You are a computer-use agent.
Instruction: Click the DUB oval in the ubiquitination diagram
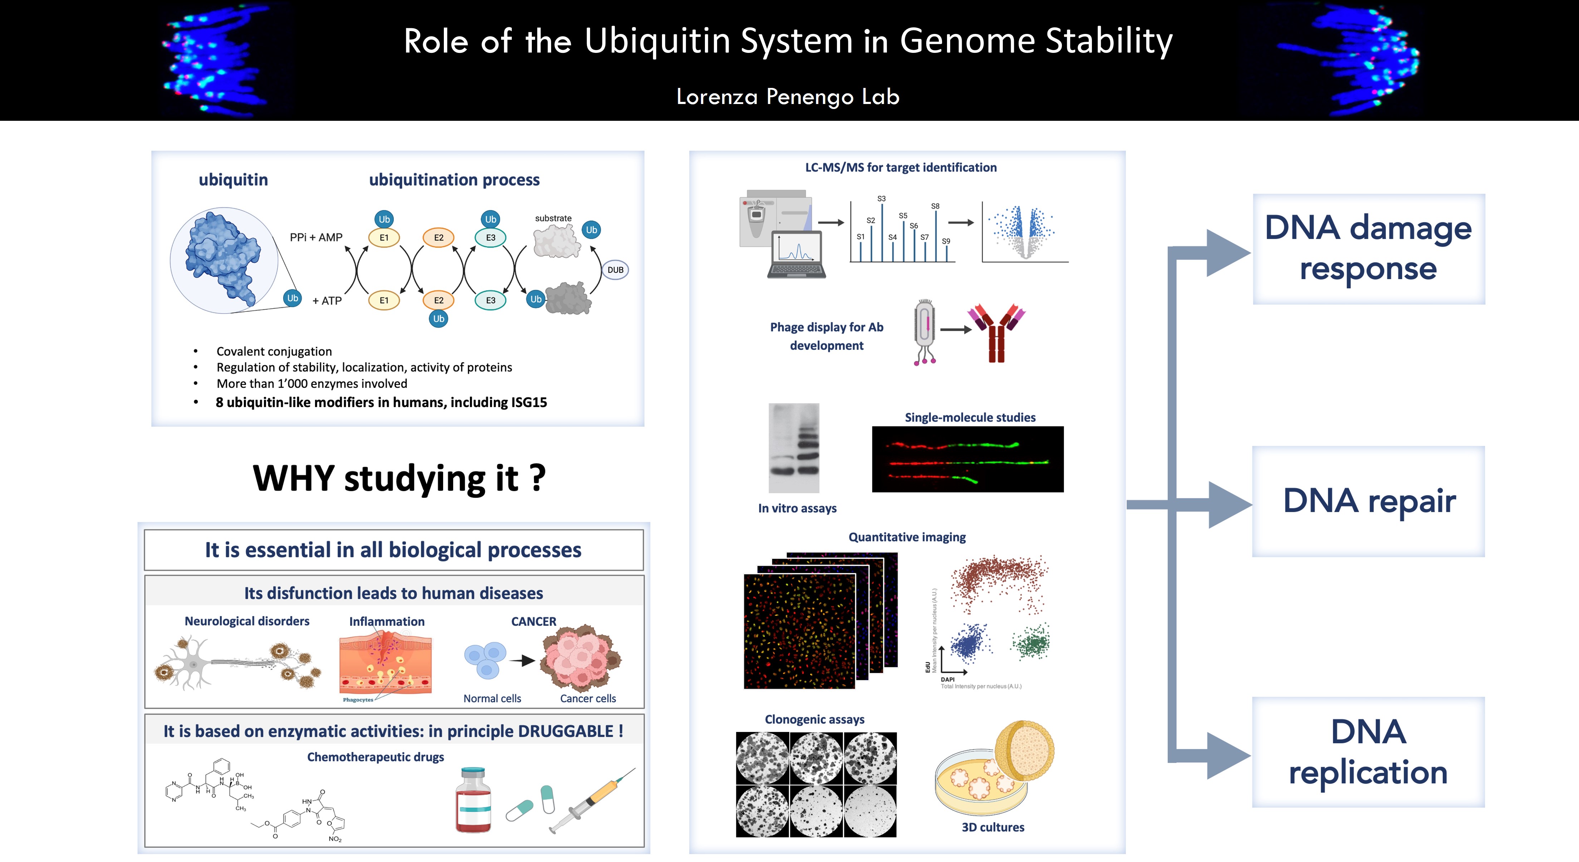[x=616, y=269]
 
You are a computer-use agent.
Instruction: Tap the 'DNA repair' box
[x=1369, y=501]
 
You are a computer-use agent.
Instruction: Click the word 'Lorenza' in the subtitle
[x=717, y=97]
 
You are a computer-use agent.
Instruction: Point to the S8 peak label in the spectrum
[x=935, y=206]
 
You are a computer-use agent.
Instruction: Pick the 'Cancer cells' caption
[x=588, y=698]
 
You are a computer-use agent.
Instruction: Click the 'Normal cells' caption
[x=492, y=698]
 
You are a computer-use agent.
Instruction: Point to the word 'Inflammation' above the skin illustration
[x=387, y=621]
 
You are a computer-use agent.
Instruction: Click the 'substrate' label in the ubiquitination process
[x=553, y=218]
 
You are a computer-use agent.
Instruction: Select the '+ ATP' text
[x=327, y=301]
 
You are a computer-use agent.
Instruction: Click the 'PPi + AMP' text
[x=316, y=237]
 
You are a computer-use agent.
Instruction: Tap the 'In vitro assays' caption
[x=797, y=508]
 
